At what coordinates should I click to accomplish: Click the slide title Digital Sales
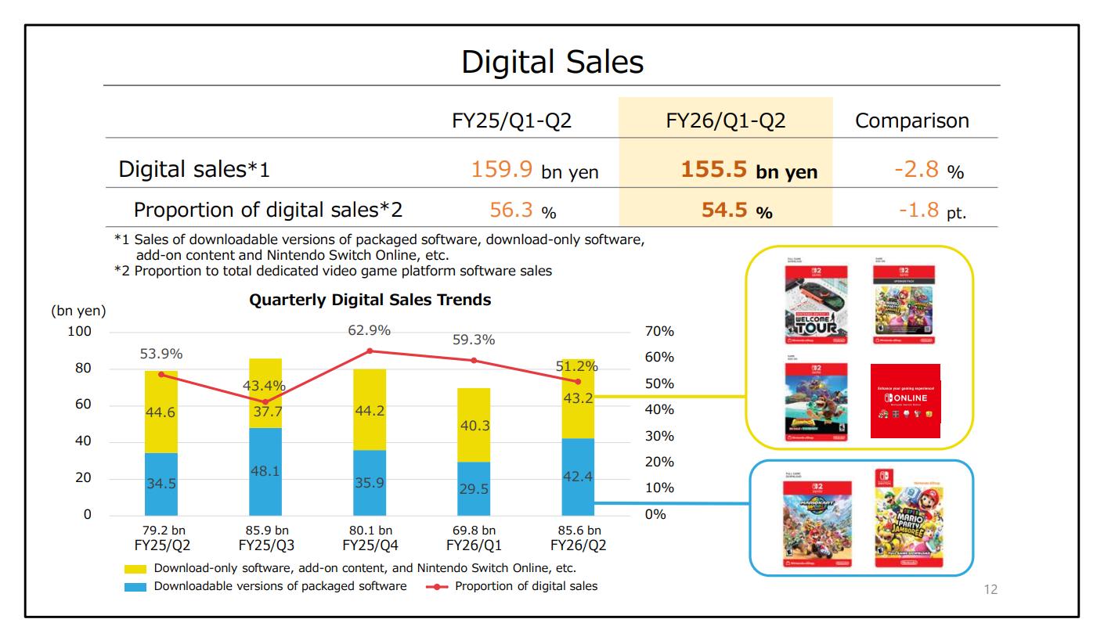point(552,63)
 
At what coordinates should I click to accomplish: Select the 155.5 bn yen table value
point(749,170)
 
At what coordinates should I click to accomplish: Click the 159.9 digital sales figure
point(503,169)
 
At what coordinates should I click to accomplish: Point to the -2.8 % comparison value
point(928,169)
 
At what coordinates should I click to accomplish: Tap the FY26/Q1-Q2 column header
point(725,121)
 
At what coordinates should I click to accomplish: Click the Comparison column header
point(911,121)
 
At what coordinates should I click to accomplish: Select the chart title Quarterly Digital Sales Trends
point(370,300)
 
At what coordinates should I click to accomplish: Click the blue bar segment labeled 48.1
point(265,471)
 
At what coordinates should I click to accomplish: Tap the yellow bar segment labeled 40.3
point(473,425)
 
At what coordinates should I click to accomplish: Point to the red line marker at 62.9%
point(370,351)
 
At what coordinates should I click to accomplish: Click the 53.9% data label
point(161,354)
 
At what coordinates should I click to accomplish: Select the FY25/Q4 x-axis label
point(370,545)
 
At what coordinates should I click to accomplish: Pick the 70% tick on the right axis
point(658,332)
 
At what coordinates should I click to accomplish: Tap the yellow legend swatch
point(135,569)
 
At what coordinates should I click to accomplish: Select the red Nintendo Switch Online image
point(905,401)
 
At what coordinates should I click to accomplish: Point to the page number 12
point(990,590)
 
